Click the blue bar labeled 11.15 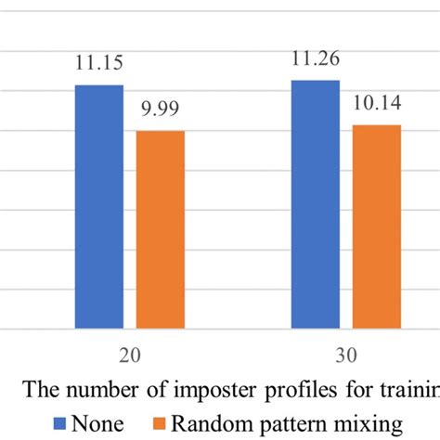click(98, 206)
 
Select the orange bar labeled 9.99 click(160, 229)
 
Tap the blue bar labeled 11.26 click(315, 204)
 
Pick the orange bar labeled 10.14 click(376, 226)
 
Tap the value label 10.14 click(377, 105)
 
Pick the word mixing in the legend click(371, 423)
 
